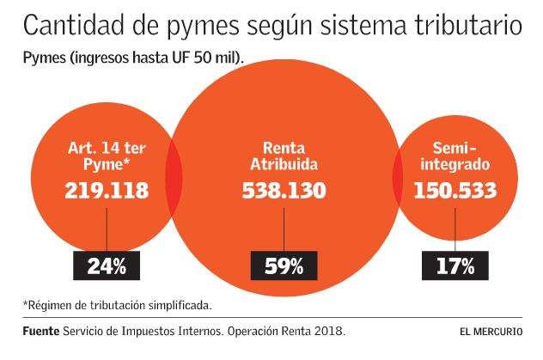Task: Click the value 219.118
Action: pyautogui.click(x=107, y=191)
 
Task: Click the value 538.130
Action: pyautogui.click(x=283, y=191)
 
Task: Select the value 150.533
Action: pyautogui.click(x=456, y=191)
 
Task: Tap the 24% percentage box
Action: pyautogui.click(x=107, y=266)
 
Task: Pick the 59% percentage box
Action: pyautogui.click(x=284, y=266)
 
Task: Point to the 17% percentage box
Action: pyautogui.click(x=455, y=266)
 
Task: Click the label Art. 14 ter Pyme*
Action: pyautogui.click(x=107, y=156)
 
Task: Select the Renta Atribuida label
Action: pyautogui.click(x=283, y=156)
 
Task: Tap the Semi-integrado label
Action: pyautogui.click(x=456, y=156)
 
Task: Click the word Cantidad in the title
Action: pyautogui.click(x=70, y=26)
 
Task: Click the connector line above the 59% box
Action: pyautogui.click(x=284, y=228)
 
